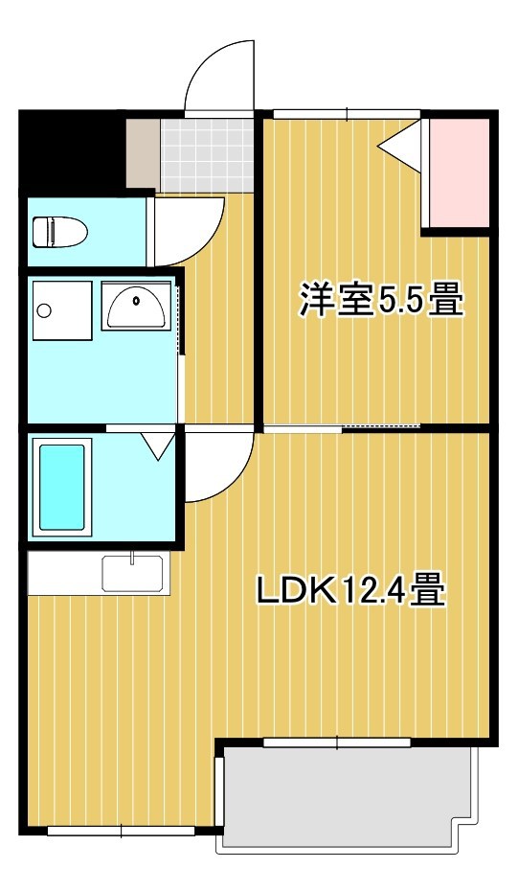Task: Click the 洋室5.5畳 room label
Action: [380, 300]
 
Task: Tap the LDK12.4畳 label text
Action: [349, 591]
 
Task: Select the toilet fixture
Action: [59, 231]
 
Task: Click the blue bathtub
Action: [63, 487]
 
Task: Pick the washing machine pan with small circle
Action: [60, 309]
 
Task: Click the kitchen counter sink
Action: [132, 575]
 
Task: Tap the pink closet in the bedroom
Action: [457, 172]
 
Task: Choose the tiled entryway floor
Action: [206, 153]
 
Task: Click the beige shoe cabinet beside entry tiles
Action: [142, 153]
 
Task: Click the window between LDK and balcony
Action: [337, 742]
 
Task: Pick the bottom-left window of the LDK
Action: [121, 831]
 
